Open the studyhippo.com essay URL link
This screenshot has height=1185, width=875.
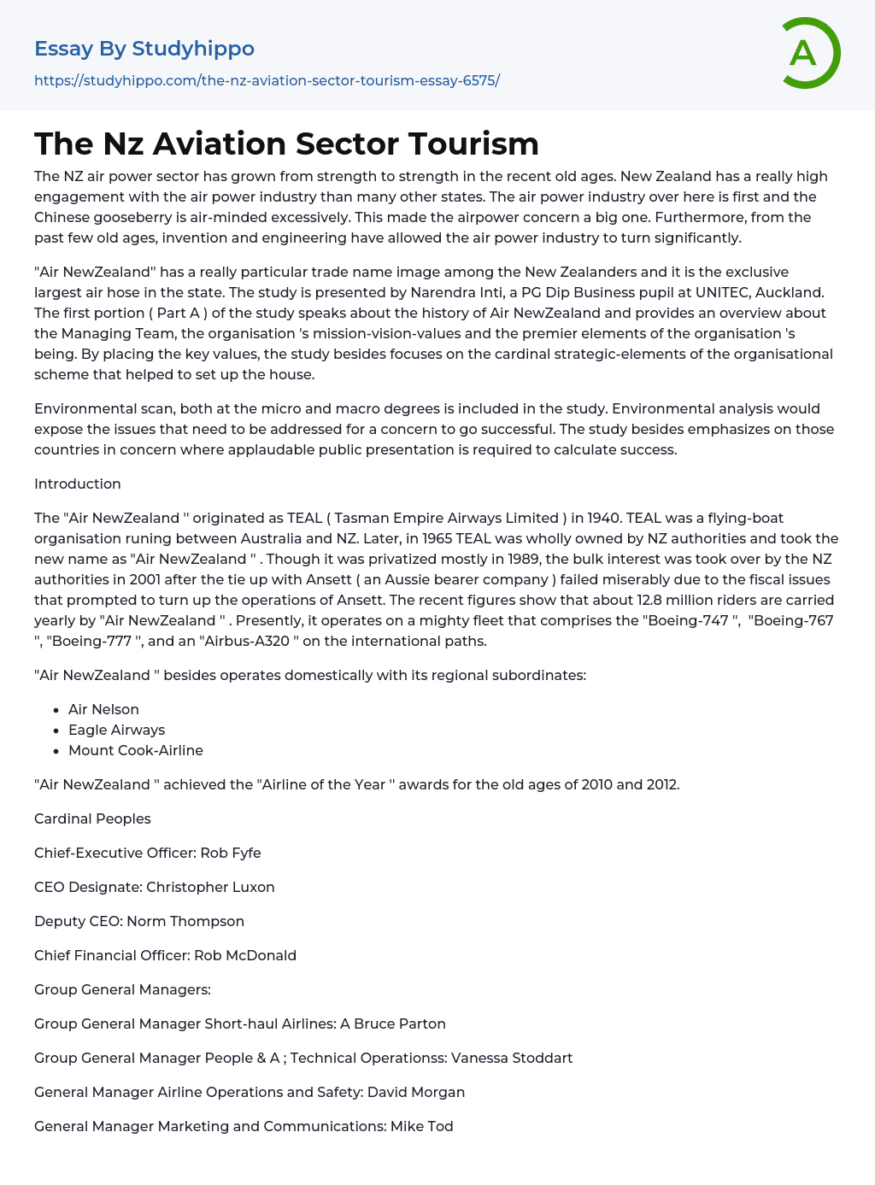[x=267, y=80]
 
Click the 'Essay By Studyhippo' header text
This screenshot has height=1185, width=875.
[x=144, y=49]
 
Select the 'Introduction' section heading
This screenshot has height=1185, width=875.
[x=78, y=484]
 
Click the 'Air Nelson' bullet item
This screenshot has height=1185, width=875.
[x=103, y=709]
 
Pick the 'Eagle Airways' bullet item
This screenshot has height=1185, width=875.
[x=116, y=730]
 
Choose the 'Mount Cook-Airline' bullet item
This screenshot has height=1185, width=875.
[x=136, y=750]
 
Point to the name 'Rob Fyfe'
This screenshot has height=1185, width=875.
[x=231, y=853]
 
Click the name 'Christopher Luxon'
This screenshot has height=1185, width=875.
[x=210, y=887]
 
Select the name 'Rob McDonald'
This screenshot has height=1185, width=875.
[x=245, y=955]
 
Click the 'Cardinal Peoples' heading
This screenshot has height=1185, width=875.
[x=92, y=818]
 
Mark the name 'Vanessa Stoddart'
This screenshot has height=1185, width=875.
[x=512, y=1058]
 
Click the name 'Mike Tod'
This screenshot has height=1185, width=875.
[x=422, y=1126]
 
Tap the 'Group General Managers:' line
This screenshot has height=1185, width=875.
[x=122, y=989]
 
